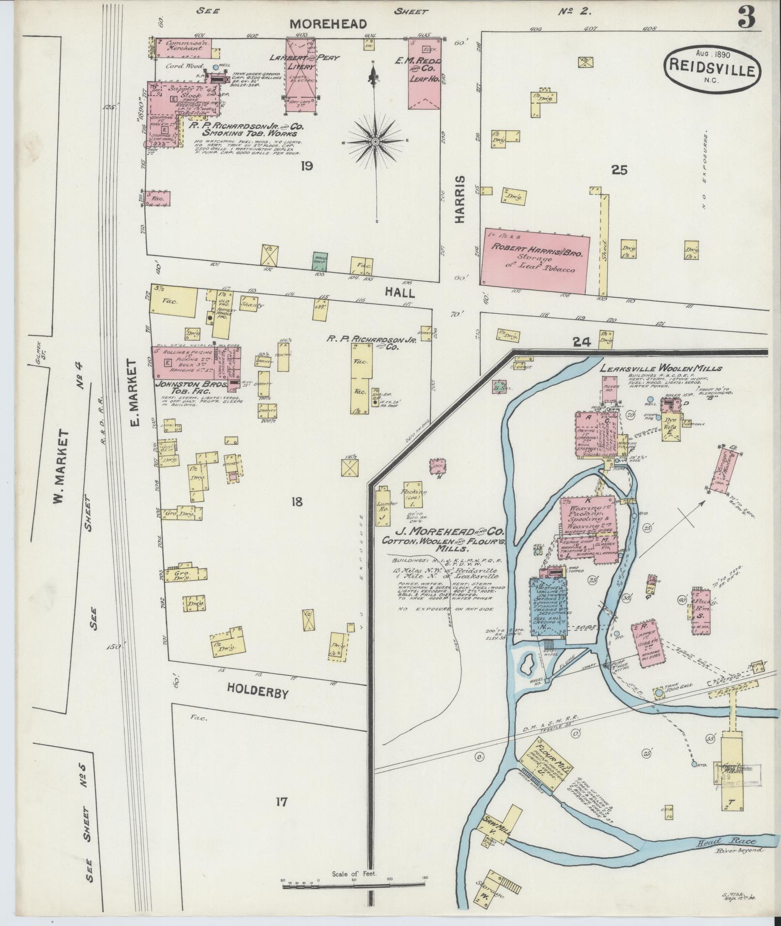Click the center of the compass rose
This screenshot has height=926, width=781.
click(x=375, y=141)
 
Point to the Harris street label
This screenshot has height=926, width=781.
click(x=459, y=199)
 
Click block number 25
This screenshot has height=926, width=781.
click(x=619, y=169)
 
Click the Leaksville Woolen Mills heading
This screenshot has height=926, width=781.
click(x=660, y=368)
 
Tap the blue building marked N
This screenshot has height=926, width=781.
click(x=548, y=607)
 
